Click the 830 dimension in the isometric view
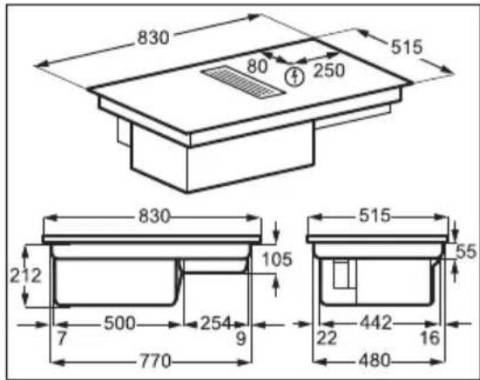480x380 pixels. pos(153,38)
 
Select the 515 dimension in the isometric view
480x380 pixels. pos(407,47)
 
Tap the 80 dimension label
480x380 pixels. pos(257,66)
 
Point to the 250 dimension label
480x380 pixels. pos(329,70)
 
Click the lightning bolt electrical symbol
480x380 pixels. pos(294,77)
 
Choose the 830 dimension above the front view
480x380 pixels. pos(154,217)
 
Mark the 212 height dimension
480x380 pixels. pos(25,276)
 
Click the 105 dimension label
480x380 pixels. pos(278,259)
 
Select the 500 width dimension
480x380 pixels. pos(119,323)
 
